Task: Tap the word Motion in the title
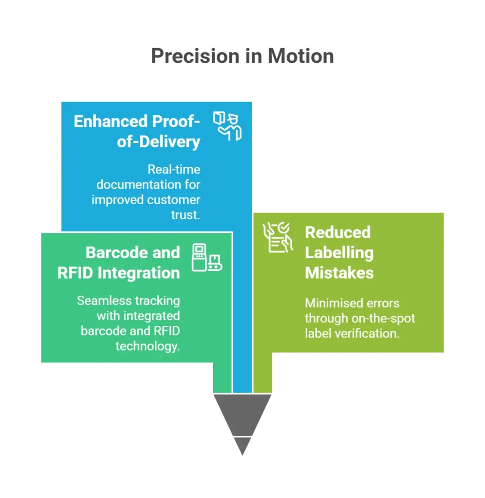coord(301,56)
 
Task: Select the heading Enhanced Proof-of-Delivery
coord(137,131)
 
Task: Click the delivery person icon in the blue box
coord(227,126)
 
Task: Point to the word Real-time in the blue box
coord(174,169)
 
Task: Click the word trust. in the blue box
coord(186,214)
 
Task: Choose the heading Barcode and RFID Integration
coord(119,263)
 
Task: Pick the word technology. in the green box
coord(148,346)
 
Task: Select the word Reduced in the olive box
coord(337,232)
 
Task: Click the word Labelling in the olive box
coord(339,252)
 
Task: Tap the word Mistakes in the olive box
coord(339,273)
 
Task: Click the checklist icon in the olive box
coord(278,237)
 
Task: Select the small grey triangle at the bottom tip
coord(242,445)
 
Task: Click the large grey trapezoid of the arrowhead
coord(242,412)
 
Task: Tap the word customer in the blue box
coord(174,199)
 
